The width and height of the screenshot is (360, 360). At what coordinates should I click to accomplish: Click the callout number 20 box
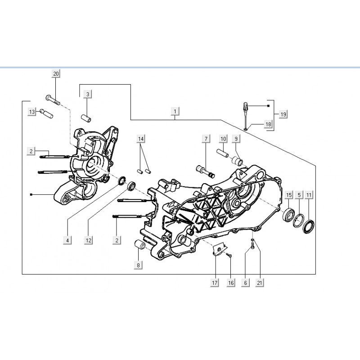[56, 74]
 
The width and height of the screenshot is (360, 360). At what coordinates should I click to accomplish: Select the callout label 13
[32, 112]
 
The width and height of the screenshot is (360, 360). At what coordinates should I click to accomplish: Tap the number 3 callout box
[87, 94]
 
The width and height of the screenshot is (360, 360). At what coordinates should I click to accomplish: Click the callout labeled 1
[175, 112]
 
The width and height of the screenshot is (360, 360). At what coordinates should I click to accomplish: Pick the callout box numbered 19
[283, 114]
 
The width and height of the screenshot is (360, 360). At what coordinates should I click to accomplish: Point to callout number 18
[268, 125]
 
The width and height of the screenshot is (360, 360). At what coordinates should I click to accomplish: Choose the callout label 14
[141, 139]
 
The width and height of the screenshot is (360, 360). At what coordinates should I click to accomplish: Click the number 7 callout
[206, 139]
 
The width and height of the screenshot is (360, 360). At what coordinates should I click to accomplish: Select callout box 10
[223, 139]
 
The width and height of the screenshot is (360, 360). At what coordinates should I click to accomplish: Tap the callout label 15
[289, 195]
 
